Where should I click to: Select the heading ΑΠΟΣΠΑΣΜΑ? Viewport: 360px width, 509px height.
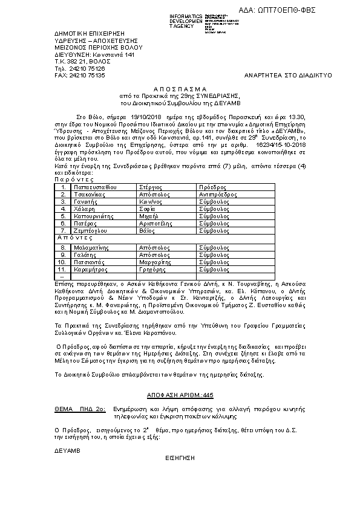pyautogui.click(x=180, y=87)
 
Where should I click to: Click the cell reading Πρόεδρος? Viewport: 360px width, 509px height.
pyautogui.click(x=212, y=187)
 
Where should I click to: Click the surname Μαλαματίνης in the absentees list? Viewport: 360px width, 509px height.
pyautogui.click(x=94, y=248)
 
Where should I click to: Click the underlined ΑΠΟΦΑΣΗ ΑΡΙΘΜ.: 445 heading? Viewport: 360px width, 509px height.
pyautogui.click(x=180, y=394)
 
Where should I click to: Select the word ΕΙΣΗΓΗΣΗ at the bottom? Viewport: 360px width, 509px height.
pyautogui.click(x=180, y=458)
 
